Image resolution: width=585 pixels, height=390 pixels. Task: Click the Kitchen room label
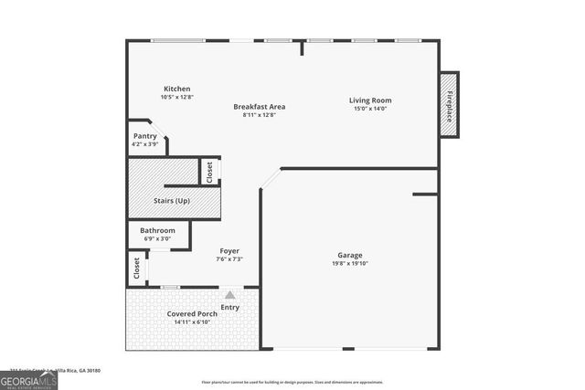point(176,89)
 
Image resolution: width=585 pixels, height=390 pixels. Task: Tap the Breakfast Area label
point(259,107)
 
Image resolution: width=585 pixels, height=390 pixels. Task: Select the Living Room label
point(370,100)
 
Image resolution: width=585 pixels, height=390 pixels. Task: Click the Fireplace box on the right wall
point(449,104)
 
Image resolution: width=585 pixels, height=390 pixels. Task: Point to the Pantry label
point(145,135)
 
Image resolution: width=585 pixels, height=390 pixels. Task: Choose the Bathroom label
point(157,230)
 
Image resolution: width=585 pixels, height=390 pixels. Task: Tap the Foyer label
point(229,250)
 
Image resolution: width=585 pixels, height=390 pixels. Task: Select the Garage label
point(350,255)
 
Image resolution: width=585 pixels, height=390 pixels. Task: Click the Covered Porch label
point(192,314)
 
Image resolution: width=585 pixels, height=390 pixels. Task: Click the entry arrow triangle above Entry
point(229,295)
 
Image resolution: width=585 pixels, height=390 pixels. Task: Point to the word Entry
point(229,307)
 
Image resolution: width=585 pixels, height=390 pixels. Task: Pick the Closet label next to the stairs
point(209,172)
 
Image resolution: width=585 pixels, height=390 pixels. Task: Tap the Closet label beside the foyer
point(137,268)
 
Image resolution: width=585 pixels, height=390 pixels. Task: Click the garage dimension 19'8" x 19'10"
point(350,263)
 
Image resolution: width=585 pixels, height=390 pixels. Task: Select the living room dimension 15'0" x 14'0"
point(370,108)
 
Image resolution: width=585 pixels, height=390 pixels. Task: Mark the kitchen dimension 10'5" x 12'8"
point(176,97)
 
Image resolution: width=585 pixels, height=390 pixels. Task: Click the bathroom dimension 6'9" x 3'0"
point(157,238)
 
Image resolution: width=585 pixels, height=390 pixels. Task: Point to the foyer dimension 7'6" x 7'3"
point(229,258)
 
